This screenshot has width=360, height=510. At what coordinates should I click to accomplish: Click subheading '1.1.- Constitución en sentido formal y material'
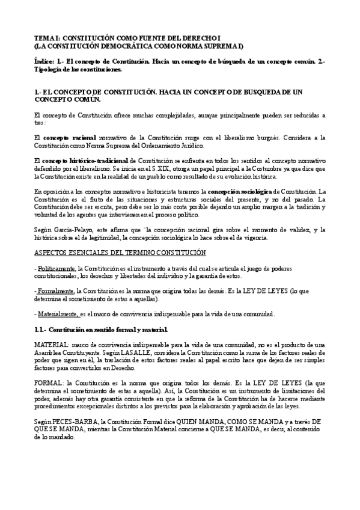click(x=101, y=330)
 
